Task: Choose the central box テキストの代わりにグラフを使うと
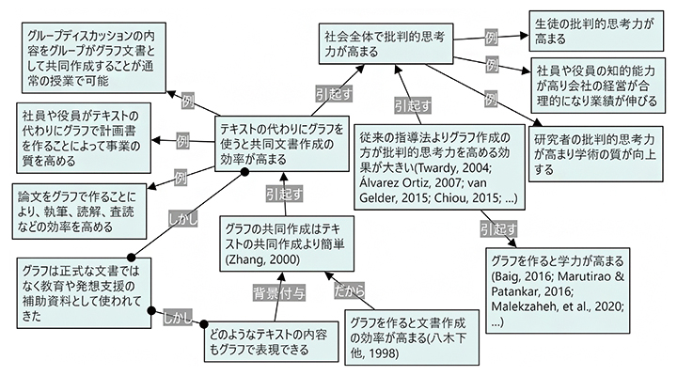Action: tap(283, 141)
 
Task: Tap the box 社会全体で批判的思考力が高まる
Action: tap(386, 45)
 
